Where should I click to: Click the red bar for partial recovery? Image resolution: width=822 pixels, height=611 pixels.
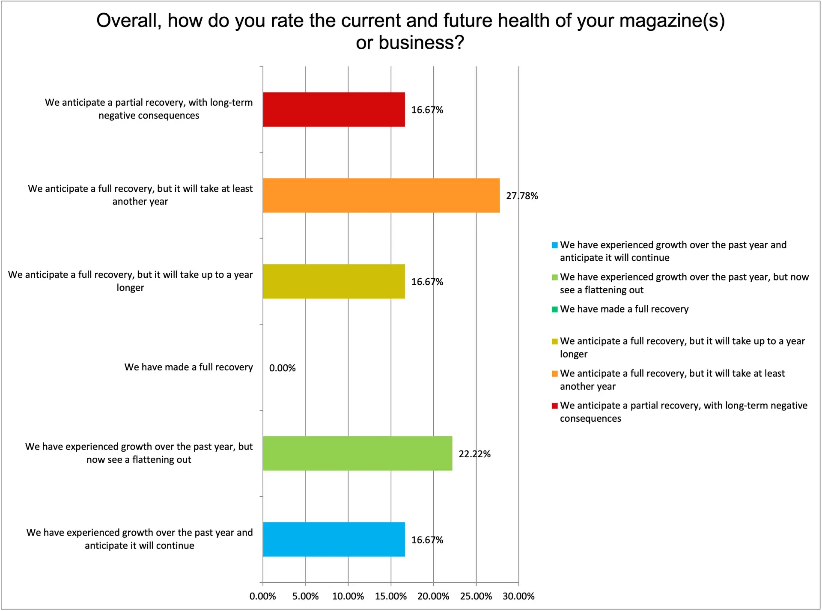(334, 110)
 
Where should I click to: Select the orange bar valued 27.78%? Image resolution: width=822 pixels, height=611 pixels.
(381, 196)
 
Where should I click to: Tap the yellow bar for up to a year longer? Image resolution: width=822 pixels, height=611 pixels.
(334, 281)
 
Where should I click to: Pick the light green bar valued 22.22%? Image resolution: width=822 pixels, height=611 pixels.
(357, 453)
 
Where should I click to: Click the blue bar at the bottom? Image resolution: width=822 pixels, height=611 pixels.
(334, 539)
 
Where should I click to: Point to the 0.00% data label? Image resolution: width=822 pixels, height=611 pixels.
(282, 368)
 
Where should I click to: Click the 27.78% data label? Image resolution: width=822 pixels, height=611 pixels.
(522, 196)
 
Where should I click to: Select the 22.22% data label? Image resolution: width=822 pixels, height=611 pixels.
(474, 454)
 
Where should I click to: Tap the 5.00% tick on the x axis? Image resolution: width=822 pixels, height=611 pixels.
(305, 596)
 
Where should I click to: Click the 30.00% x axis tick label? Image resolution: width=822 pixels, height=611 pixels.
(518, 596)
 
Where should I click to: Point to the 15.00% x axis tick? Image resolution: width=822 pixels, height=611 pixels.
(390, 596)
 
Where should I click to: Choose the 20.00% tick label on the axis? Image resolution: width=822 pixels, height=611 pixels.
(433, 596)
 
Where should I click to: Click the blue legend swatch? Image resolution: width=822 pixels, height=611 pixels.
(554, 245)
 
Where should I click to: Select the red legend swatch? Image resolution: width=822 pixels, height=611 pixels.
(554, 406)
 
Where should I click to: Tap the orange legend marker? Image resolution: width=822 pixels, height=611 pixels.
(554, 374)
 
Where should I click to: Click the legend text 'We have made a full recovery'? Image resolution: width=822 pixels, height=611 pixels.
(624, 309)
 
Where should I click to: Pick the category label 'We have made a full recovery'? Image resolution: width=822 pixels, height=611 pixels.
(188, 367)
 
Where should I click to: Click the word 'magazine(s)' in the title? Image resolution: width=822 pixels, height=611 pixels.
(672, 21)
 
